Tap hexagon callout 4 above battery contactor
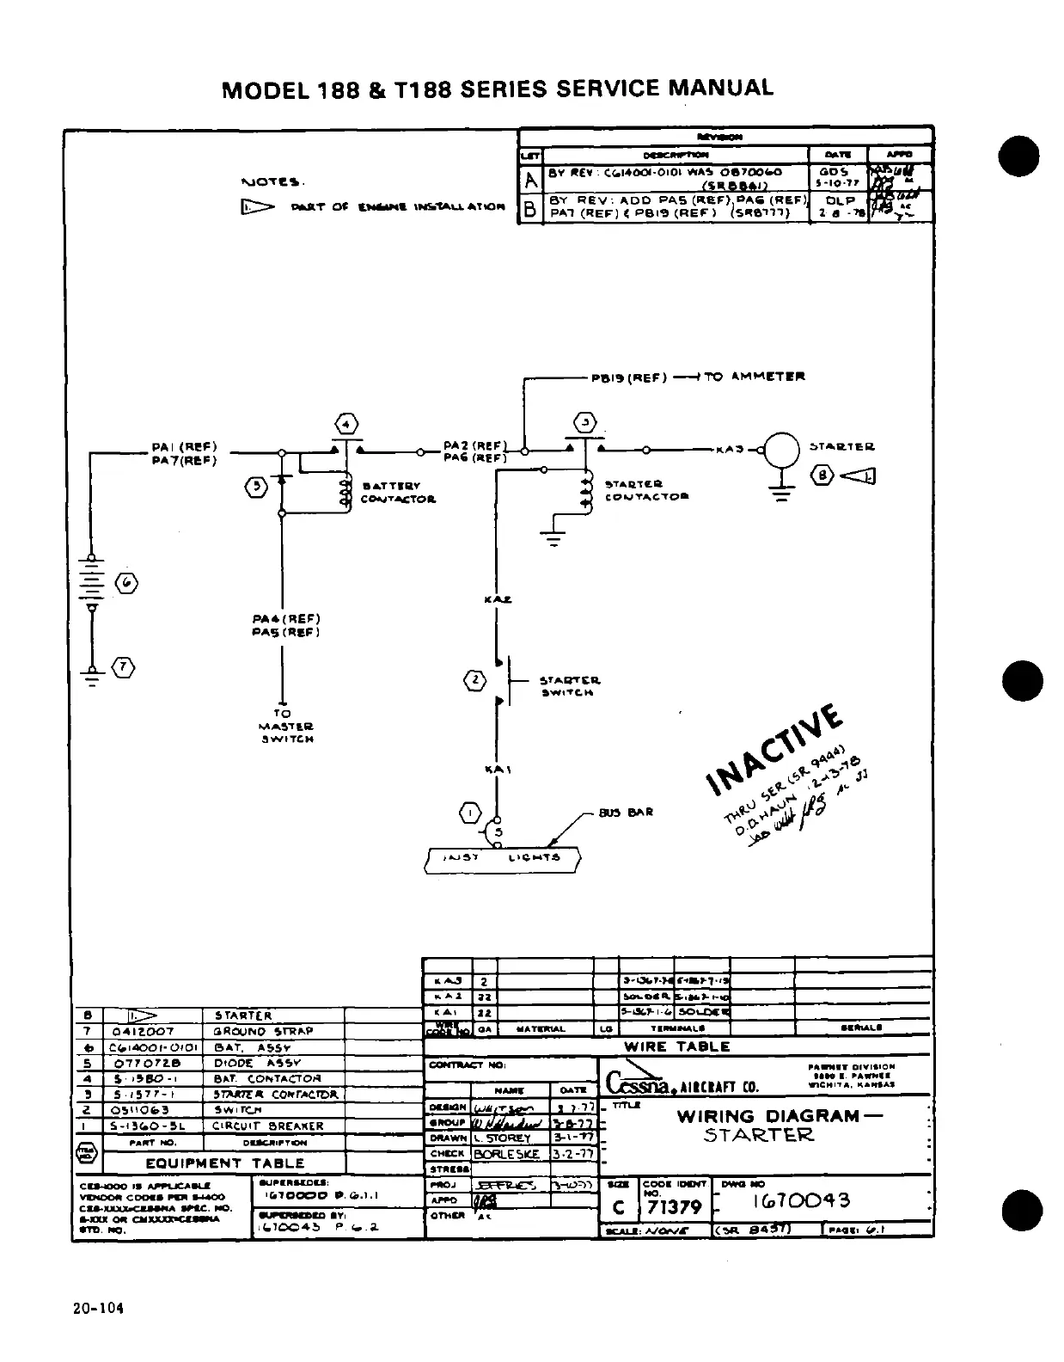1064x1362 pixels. [x=345, y=425]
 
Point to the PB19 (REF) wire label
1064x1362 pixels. [x=625, y=377]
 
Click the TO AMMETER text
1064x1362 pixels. [x=755, y=377]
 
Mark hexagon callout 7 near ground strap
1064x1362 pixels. [x=125, y=667]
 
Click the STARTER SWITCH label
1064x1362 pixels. [x=569, y=685]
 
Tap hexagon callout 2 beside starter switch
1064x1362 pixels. [x=474, y=681]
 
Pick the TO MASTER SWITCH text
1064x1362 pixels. [x=283, y=726]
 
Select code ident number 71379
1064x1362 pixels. [x=674, y=1207]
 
